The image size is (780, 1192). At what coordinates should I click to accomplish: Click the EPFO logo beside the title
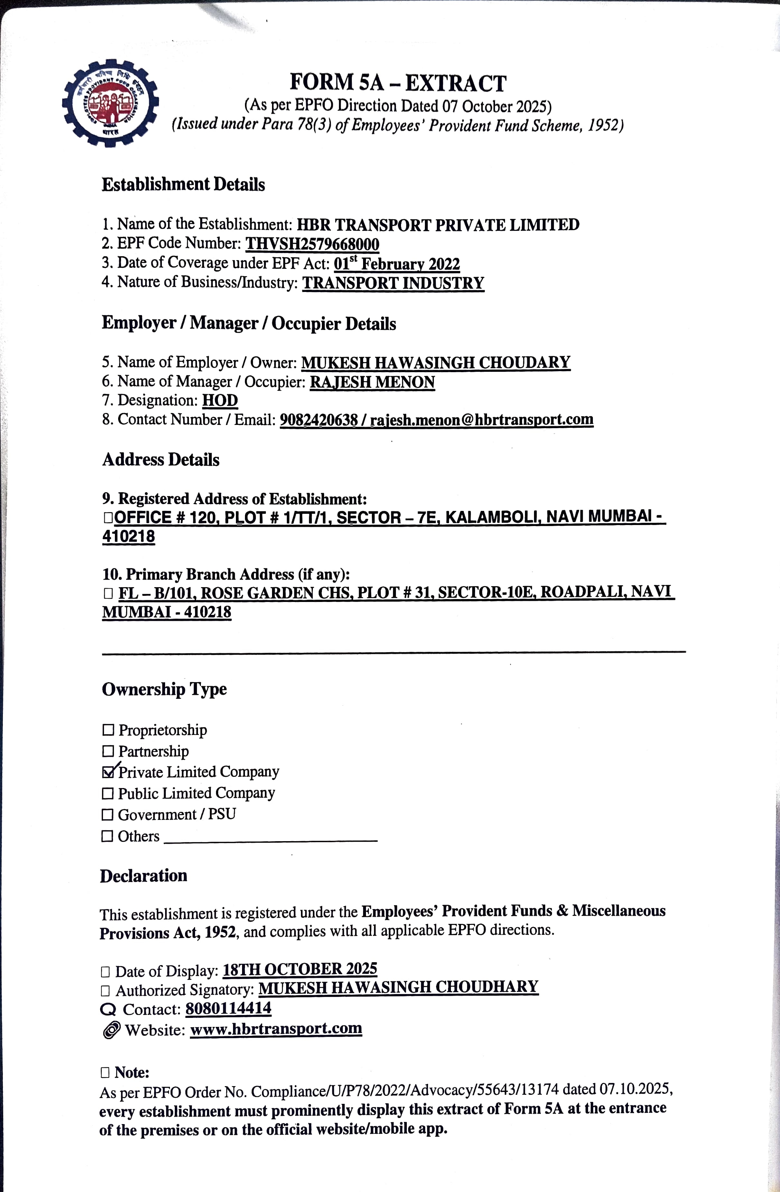pyautogui.click(x=110, y=103)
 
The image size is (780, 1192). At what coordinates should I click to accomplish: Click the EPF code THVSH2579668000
pyautogui.click(x=312, y=244)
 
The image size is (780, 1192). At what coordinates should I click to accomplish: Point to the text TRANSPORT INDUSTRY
pyautogui.click(x=393, y=283)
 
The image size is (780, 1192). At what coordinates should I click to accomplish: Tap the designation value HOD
pyautogui.click(x=220, y=401)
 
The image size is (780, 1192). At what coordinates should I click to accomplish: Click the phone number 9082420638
pyautogui.click(x=319, y=420)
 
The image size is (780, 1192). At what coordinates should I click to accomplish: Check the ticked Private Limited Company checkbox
pyautogui.click(x=108, y=772)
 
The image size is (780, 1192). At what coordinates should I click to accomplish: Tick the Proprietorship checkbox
pyautogui.click(x=108, y=730)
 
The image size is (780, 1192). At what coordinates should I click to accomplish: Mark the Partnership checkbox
pyautogui.click(x=108, y=751)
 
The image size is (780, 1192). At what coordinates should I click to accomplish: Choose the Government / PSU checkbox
pyautogui.click(x=108, y=815)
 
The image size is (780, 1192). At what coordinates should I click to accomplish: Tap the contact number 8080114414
pyautogui.click(x=228, y=1008)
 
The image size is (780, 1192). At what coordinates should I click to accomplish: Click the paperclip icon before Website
pyautogui.click(x=111, y=1030)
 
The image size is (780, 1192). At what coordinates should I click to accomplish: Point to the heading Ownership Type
pyautogui.click(x=164, y=689)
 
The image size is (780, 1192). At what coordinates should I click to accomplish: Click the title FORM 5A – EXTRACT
pyautogui.click(x=398, y=83)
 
